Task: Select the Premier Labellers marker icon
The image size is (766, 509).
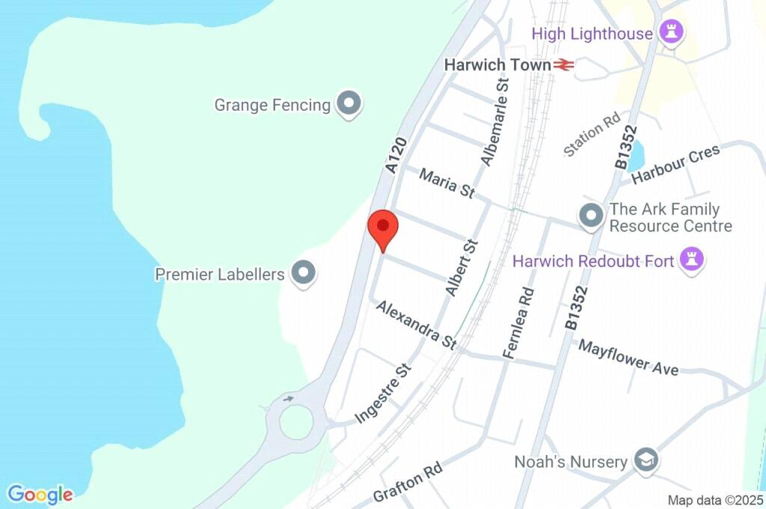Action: [303, 274]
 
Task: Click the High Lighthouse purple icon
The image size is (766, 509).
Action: [668, 33]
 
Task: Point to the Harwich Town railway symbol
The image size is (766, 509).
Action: [564, 65]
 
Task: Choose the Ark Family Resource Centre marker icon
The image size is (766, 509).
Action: [592, 216]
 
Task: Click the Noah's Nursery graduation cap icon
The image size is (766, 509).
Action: [644, 461]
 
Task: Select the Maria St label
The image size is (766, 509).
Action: [447, 183]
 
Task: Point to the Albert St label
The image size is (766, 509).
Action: [461, 267]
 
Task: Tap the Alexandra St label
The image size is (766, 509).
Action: [417, 324]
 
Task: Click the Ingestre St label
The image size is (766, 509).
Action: [384, 394]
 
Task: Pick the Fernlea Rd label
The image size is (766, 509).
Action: [519, 323]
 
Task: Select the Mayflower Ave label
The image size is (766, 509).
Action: [628, 356]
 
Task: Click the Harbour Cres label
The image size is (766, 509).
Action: [675, 164]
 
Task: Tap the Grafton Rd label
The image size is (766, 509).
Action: [408, 483]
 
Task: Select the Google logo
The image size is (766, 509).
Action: [40, 494]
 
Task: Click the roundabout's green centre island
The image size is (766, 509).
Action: [296, 422]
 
